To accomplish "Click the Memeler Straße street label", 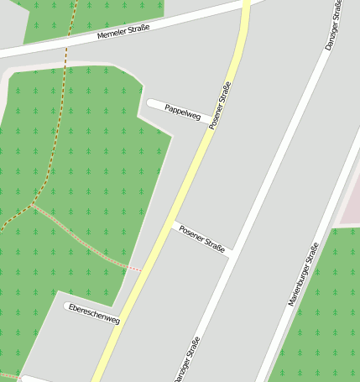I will [123, 32].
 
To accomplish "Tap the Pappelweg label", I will [183, 111].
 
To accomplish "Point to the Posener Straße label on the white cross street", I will [203, 240].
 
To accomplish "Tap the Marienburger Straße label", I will [303, 274].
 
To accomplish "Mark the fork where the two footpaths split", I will [32, 204].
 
